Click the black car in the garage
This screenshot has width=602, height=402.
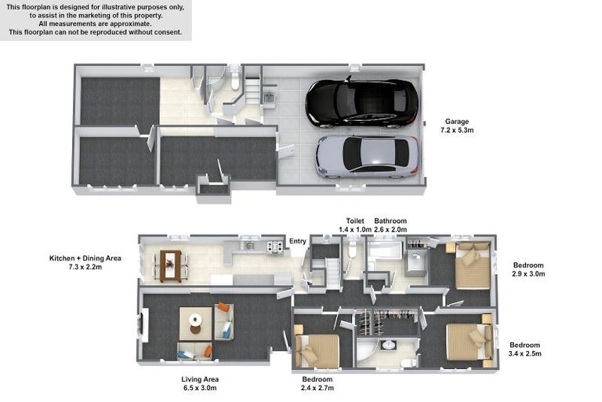click(x=362, y=103)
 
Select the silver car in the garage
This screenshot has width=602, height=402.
click(x=367, y=157)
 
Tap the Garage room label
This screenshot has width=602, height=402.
click(x=457, y=122)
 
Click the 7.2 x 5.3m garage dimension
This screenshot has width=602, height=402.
click(x=457, y=130)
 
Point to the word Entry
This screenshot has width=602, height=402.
click(x=298, y=241)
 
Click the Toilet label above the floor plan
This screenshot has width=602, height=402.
click(x=355, y=221)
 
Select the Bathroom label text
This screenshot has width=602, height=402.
click(x=390, y=221)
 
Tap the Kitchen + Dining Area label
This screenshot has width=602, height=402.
click(x=85, y=258)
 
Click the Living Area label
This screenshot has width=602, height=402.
click(x=200, y=379)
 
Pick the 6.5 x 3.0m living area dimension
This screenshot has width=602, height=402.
click(x=200, y=388)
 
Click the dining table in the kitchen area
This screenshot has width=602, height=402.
click(x=171, y=266)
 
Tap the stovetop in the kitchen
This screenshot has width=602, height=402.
click(x=275, y=247)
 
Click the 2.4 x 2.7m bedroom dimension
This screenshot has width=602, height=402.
click(x=317, y=388)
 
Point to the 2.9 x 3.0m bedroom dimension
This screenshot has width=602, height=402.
click(x=528, y=274)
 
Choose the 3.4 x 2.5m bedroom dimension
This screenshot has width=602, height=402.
click(x=525, y=353)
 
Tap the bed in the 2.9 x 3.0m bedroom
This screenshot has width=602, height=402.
click(x=472, y=265)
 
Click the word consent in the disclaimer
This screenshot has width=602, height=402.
click(x=168, y=32)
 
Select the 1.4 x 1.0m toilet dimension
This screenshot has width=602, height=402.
click(x=355, y=229)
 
